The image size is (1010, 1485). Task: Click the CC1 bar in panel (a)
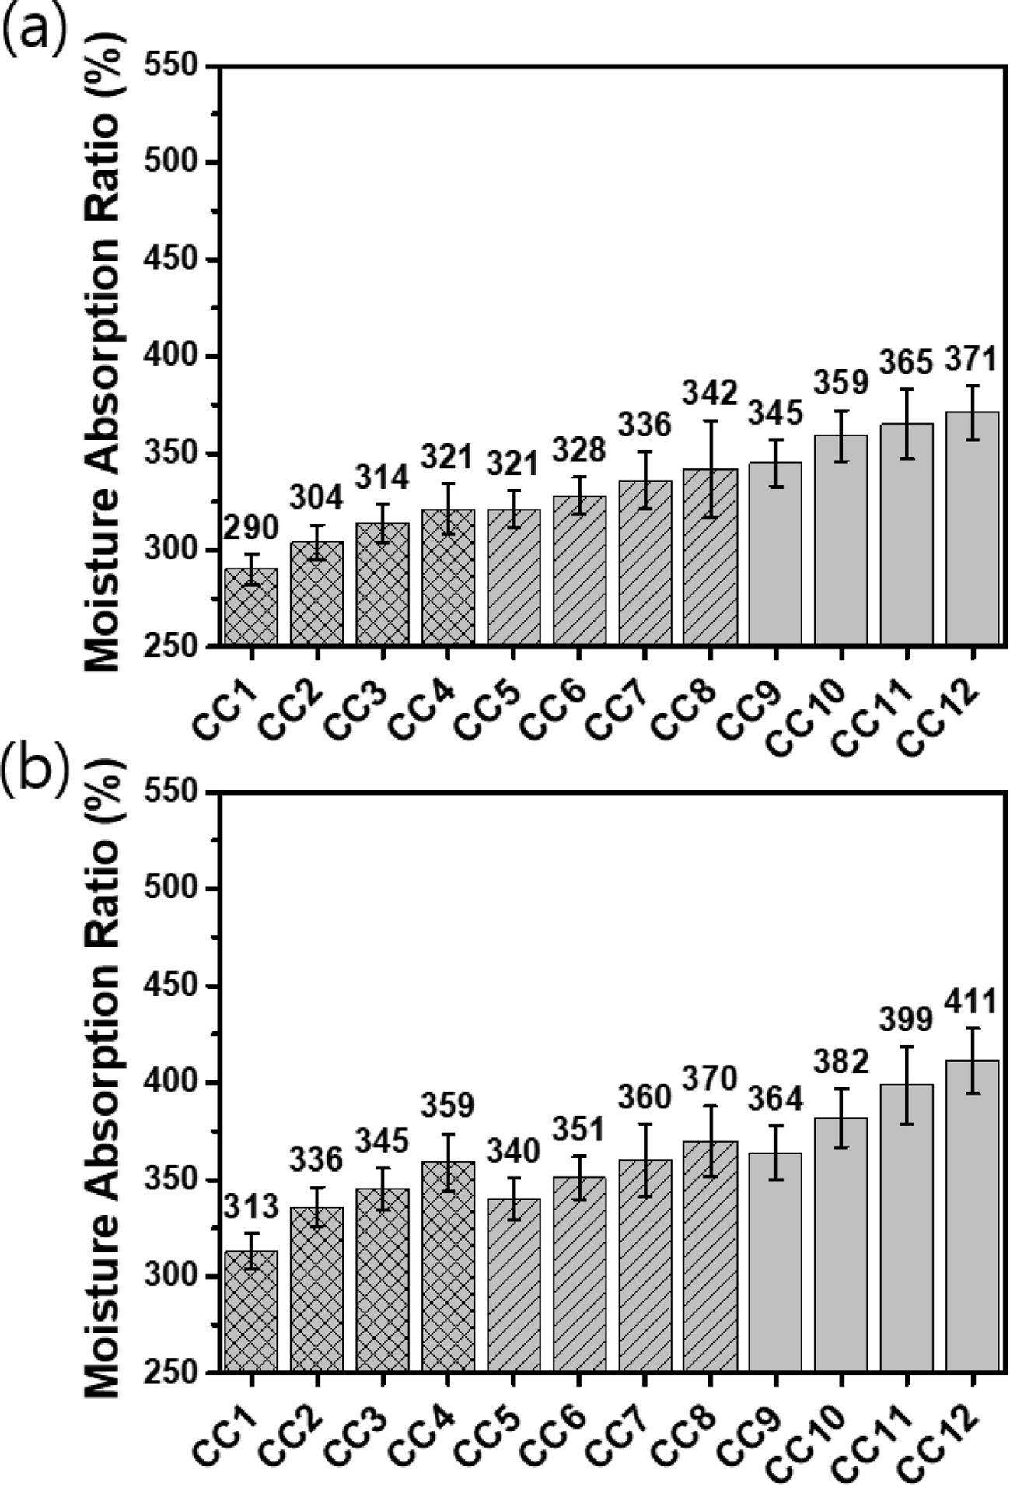tap(251, 606)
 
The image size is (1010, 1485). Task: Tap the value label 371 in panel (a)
tap(972, 360)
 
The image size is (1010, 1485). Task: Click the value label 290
tap(251, 529)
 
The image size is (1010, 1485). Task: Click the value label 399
tap(907, 1019)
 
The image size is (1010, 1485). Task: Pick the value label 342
tap(711, 394)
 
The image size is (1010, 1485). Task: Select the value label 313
tap(251, 1207)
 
